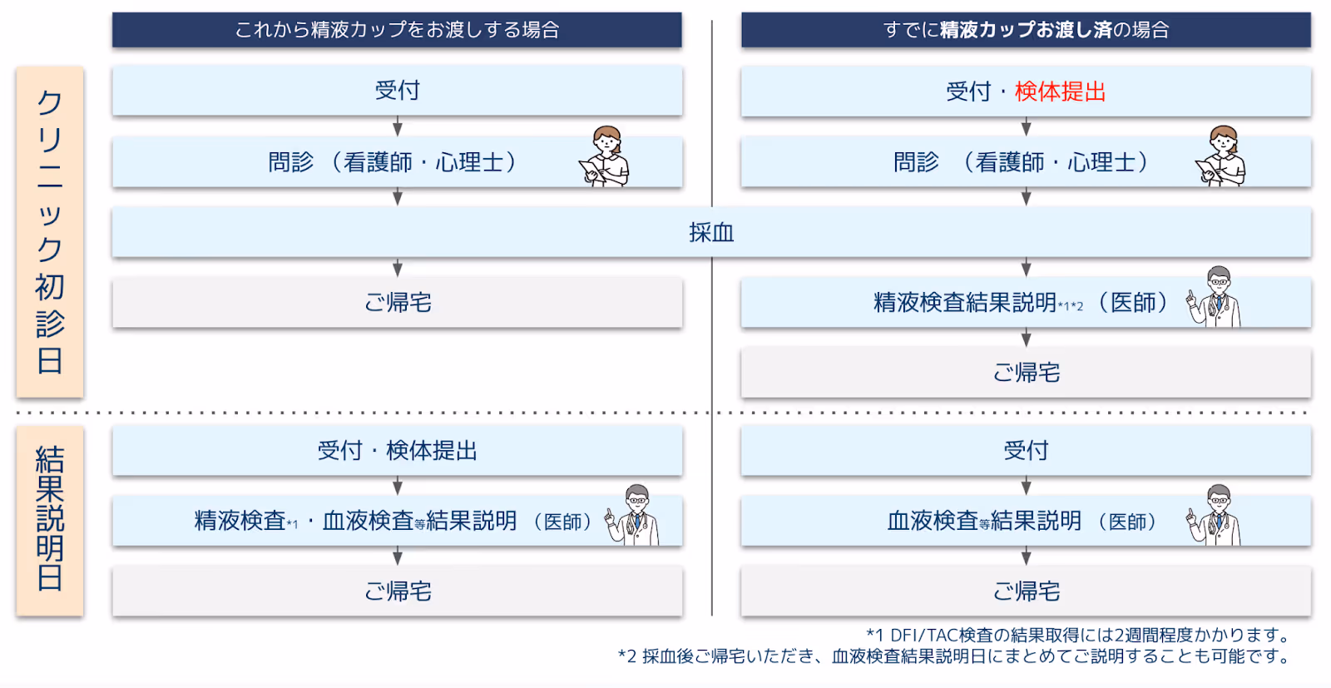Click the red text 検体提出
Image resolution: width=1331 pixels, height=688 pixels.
[1060, 92]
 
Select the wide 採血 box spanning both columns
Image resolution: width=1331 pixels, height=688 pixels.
[711, 233]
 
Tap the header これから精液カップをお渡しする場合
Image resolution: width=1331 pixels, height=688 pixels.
[397, 30]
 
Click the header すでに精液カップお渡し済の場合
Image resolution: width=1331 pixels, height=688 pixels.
[1026, 30]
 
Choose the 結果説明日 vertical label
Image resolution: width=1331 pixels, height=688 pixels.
[49, 520]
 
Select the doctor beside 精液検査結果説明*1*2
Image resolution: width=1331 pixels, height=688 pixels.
[1215, 297]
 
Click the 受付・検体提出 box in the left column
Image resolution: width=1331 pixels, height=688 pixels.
[397, 451]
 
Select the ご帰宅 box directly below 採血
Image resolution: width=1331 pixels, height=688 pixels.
[397, 303]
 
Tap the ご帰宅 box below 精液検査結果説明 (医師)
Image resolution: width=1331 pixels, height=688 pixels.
[1026, 373]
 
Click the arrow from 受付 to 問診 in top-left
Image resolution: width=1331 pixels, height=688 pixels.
[398, 127]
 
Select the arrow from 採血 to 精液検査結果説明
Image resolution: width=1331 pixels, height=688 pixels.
[1026, 268]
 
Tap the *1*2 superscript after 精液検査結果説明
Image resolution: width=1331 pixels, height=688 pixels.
[1071, 306]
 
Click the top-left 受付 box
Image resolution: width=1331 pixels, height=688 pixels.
[397, 91]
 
